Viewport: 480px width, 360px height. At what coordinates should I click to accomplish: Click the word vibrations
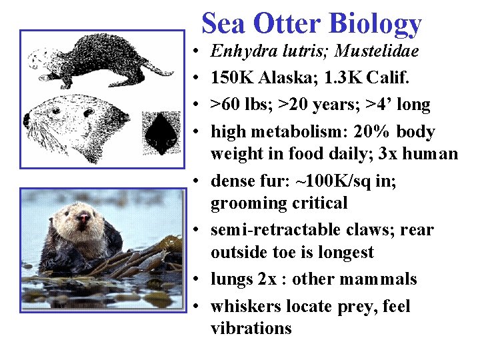251,328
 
